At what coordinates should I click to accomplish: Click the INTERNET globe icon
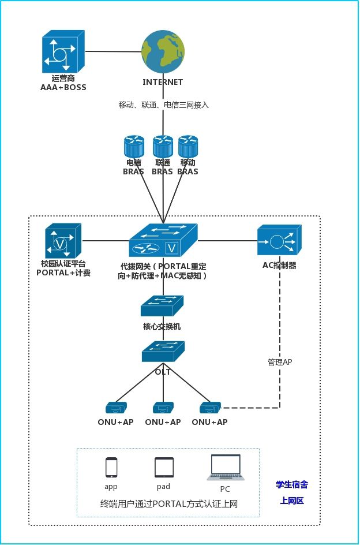163,51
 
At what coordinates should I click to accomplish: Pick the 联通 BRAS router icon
163,146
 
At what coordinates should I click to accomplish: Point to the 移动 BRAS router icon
188,146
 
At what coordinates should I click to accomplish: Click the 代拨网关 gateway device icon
163,241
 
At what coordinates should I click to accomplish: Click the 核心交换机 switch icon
162,305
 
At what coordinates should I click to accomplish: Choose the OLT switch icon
163,351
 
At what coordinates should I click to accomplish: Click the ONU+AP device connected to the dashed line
211,407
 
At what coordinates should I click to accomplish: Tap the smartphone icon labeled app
111,466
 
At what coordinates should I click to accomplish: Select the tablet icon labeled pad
164,466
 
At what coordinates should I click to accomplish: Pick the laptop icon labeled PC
225,468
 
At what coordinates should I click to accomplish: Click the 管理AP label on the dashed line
280,362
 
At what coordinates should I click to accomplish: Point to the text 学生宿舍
292,485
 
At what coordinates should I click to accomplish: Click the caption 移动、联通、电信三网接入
163,104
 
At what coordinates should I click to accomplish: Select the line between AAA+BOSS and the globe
114,52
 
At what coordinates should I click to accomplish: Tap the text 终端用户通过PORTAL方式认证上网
168,503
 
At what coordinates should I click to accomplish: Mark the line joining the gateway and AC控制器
227,240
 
